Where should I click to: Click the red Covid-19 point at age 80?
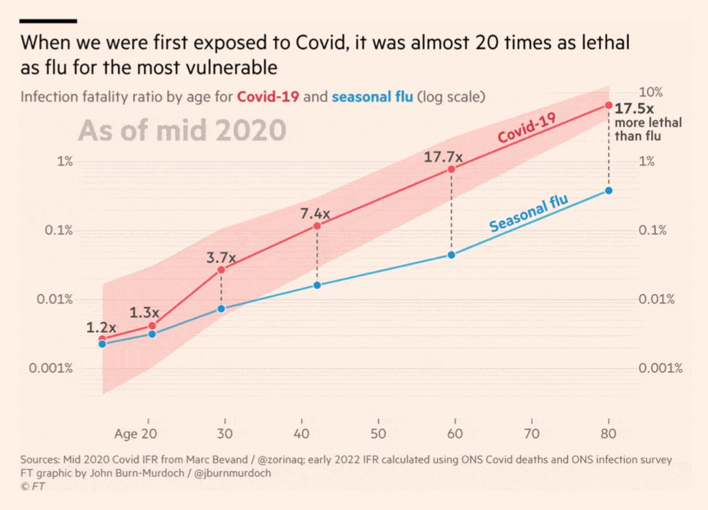coord(609,105)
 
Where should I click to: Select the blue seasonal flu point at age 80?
coord(609,190)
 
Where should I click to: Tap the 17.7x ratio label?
coord(443,156)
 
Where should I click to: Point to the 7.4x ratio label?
coord(316,213)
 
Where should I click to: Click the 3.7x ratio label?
coord(221,258)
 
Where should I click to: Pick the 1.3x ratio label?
coord(144,313)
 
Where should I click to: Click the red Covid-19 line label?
coord(527,128)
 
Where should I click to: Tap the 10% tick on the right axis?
coord(651,93)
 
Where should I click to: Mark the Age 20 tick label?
coord(135,435)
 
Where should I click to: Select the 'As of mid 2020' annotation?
coord(181,131)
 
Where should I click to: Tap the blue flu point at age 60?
coord(451,255)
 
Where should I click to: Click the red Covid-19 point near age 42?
coord(317,226)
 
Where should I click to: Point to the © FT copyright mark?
coord(33,486)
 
